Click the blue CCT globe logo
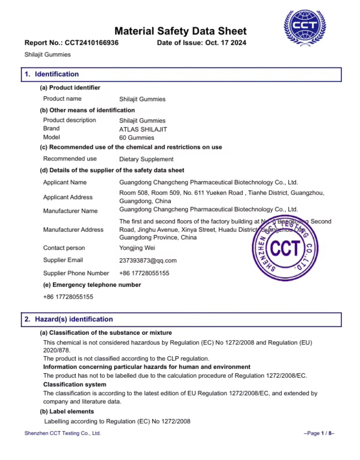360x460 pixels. tap(305, 27)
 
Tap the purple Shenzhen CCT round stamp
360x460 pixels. tap(285, 248)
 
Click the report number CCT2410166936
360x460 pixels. tap(92, 43)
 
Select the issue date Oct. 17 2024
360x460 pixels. tap(226, 43)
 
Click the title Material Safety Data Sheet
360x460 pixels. tap(180, 31)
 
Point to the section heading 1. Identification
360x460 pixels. tap(52, 74)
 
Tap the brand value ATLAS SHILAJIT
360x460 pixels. tap(143, 129)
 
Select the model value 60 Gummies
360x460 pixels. tap(136, 138)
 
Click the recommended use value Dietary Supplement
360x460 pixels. tap(146, 159)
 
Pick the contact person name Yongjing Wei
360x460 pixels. tap(137, 248)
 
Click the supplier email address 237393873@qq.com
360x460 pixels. tap(148, 261)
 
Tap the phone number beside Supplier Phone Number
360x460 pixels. tap(144, 273)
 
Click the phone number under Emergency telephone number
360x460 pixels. tap(68, 297)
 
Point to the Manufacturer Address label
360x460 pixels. tap(73, 229)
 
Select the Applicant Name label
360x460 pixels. tap(65, 182)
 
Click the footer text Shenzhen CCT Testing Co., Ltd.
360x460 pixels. tap(63, 433)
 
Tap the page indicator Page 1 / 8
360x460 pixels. tap(319, 433)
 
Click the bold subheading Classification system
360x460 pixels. tap(75, 384)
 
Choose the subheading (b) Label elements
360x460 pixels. tap(67, 411)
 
